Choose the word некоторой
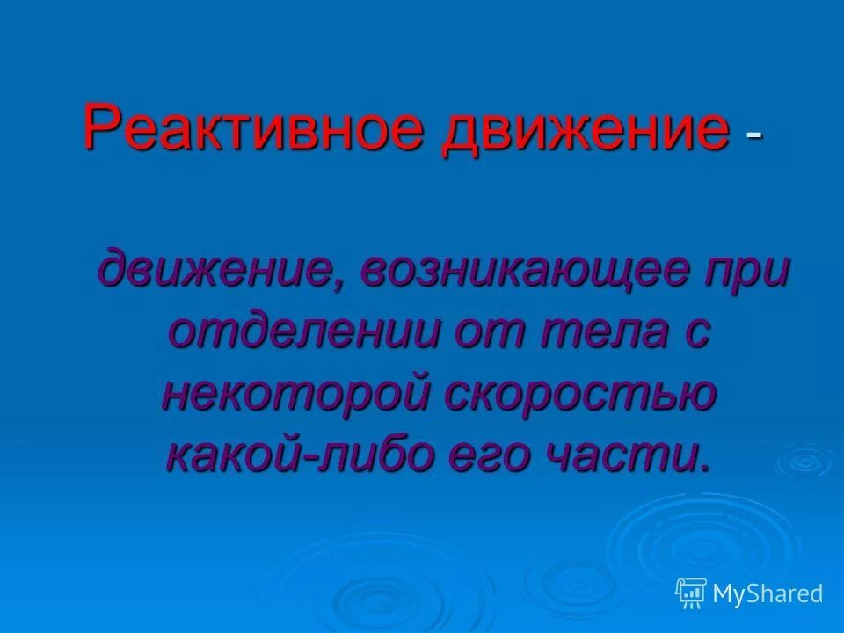295,393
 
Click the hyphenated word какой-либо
302,455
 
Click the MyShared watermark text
768,593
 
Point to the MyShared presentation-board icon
691,593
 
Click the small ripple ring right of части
804,460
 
